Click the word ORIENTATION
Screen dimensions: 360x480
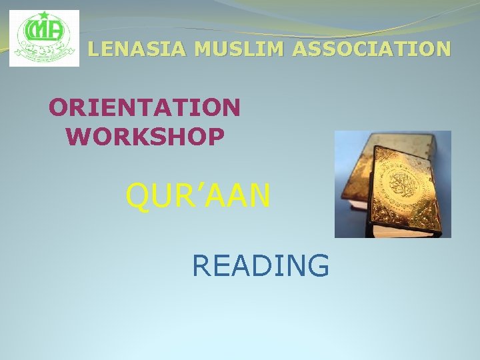click(145, 107)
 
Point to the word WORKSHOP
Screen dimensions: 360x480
click(145, 137)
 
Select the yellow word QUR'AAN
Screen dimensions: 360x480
click(198, 196)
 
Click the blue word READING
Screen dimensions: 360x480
click(260, 265)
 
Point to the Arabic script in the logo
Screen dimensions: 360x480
click(44, 47)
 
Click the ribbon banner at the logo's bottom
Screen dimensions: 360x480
click(44, 58)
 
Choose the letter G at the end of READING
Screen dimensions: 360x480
click(317, 265)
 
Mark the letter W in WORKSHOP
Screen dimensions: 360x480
click(79, 137)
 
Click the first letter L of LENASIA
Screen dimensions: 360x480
click(94, 49)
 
